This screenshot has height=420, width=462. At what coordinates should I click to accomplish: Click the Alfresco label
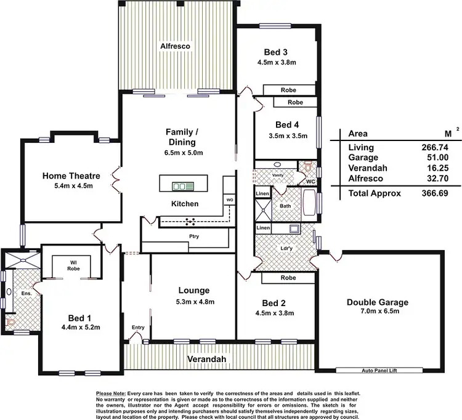[176, 46]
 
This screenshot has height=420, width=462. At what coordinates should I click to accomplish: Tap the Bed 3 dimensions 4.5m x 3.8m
[277, 62]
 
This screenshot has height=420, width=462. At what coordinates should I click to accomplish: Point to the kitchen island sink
[184, 185]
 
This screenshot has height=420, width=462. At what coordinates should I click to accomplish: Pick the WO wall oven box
[229, 200]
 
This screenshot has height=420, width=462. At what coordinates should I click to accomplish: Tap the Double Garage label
[377, 302]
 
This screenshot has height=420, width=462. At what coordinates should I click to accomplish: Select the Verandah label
[207, 359]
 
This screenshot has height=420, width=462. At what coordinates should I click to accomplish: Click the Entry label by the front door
[137, 328]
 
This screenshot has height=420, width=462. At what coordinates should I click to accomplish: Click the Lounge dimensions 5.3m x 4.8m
[195, 302]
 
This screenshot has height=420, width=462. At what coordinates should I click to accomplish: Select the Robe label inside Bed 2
[288, 278]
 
